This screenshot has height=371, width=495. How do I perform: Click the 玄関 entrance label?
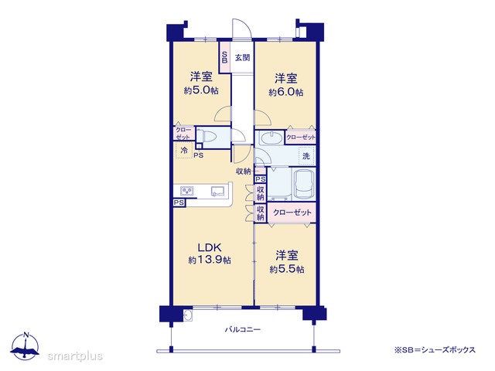click(x=242, y=58)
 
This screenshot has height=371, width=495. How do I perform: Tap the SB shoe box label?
click(x=225, y=57)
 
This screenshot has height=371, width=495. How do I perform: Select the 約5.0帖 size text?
click(x=201, y=90)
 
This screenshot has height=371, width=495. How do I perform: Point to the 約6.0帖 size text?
click(x=286, y=92)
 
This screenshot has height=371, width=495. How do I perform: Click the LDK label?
click(x=210, y=247)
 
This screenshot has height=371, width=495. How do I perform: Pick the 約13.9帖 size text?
click(x=210, y=260)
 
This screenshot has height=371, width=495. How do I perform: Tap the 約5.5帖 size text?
click(x=287, y=269)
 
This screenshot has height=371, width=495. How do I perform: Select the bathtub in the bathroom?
click(x=304, y=185)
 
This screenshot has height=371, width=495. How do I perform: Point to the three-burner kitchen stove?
click(x=187, y=191)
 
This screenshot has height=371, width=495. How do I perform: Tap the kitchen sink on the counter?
click(x=217, y=191)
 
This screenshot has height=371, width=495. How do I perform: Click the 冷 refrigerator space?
click(x=184, y=151)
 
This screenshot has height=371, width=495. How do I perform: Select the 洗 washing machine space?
click(x=306, y=156)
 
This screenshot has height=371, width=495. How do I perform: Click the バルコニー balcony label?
click(x=243, y=330)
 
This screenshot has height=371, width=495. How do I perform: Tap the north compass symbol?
click(x=26, y=345)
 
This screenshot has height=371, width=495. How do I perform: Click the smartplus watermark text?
click(x=75, y=356)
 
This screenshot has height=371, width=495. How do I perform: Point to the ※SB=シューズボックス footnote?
click(x=435, y=350)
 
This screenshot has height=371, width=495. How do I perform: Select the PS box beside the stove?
click(x=179, y=203)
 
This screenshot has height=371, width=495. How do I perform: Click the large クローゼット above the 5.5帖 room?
click(x=292, y=213)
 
